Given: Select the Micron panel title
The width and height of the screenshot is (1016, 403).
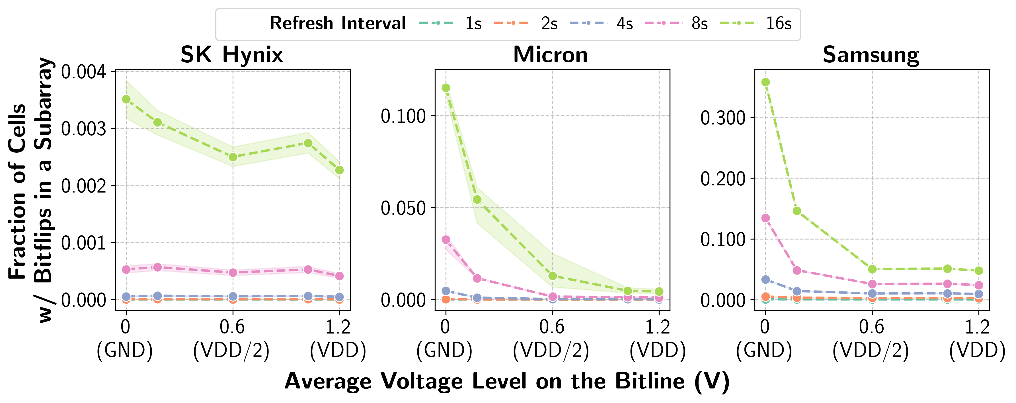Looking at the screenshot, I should [x=550, y=54].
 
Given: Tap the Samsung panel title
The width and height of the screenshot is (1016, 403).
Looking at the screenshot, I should [x=871, y=54].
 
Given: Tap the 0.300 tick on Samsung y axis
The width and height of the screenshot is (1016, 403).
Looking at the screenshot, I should [x=723, y=118].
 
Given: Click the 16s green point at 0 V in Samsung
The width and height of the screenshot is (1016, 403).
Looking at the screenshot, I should [x=765, y=82].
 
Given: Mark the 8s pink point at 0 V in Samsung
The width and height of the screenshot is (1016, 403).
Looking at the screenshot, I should [x=765, y=218].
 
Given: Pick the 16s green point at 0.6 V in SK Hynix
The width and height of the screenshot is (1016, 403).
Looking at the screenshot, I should [x=233, y=157].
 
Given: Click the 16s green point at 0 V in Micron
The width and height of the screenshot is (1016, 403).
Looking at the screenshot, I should [x=446, y=88].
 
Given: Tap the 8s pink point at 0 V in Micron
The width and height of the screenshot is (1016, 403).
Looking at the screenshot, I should [x=446, y=240].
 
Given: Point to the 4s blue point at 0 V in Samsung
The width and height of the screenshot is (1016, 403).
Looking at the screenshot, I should [x=765, y=279].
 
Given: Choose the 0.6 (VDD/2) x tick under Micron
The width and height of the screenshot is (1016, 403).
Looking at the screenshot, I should [x=552, y=339].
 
